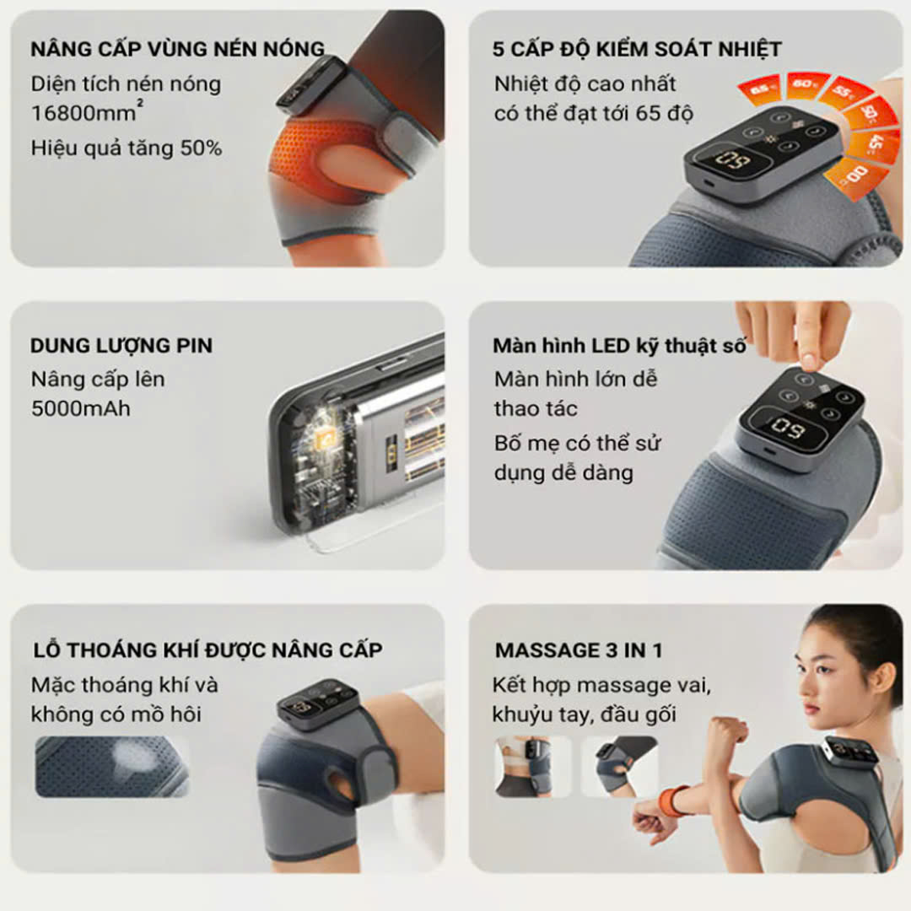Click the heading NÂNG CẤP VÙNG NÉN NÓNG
[x=178, y=49]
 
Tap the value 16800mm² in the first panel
[x=87, y=111]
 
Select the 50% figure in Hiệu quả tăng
[x=201, y=148]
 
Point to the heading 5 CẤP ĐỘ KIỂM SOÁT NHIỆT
[x=637, y=49]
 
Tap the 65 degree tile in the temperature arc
[x=759, y=89]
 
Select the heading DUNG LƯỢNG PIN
[x=121, y=346]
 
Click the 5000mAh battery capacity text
[x=81, y=408]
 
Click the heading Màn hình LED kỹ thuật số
[x=619, y=346]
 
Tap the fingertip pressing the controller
[x=808, y=358]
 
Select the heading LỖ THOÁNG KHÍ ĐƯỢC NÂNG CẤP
[x=208, y=650]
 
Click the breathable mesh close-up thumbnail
[x=112, y=766]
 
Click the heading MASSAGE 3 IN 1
[x=579, y=650]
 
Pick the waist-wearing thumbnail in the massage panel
[x=533, y=766]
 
